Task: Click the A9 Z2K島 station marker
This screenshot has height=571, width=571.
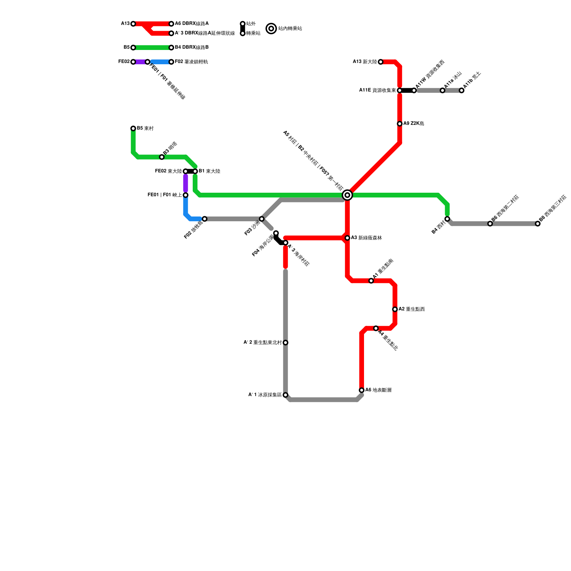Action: coord(400,124)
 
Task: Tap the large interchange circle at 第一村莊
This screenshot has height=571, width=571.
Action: coord(347,195)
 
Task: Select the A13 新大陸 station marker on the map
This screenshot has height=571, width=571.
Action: coord(380,62)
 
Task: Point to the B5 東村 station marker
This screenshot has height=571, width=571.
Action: coord(133,128)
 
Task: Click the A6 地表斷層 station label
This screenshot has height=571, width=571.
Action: coord(378,390)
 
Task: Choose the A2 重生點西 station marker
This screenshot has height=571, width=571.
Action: coord(395,309)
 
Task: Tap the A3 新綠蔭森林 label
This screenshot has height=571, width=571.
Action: coord(366,238)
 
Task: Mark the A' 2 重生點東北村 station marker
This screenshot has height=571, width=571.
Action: coord(285,343)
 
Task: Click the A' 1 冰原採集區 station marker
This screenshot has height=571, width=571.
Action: coord(285,395)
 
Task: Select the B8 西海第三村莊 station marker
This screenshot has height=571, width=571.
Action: coord(538,224)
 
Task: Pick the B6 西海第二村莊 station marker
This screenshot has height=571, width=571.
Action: coord(490,224)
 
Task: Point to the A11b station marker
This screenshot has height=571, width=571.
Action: coord(461,91)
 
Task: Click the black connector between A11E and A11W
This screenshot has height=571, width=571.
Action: coord(407,90)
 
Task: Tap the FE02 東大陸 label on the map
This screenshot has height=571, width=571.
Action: coord(168,171)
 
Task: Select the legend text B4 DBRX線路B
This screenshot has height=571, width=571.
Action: coord(192,47)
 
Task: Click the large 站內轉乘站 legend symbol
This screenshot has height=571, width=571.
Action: coord(271,29)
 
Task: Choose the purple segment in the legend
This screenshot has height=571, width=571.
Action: coord(140,62)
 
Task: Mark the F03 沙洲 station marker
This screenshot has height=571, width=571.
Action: coord(262,219)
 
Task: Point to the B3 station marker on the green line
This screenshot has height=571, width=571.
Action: coord(162,157)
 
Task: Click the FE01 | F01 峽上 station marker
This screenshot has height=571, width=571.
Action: coord(186,195)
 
